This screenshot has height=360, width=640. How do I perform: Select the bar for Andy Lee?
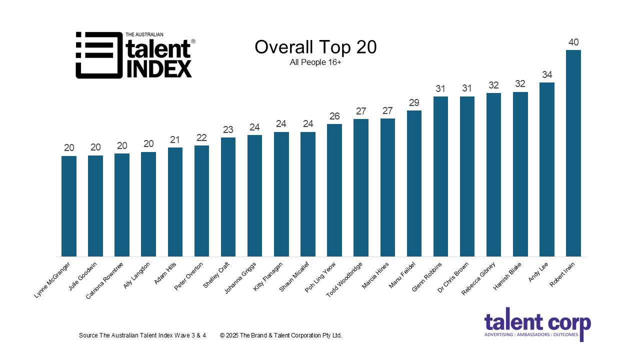point(546,169)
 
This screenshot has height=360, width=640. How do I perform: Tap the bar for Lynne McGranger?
point(69,206)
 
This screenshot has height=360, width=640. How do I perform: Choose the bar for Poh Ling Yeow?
point(334,190)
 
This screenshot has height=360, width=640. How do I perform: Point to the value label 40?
point(573,42)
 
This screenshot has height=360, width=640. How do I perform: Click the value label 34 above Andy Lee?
point(546,75)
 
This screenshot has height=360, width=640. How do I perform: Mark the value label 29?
point(414,103)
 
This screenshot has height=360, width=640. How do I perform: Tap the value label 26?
point(334,116)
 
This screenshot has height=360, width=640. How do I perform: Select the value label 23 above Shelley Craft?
point(228,130)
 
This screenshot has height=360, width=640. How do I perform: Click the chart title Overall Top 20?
point(315,47)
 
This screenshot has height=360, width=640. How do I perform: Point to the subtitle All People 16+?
point(315,62)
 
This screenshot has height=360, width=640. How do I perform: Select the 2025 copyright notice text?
point(280,335)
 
